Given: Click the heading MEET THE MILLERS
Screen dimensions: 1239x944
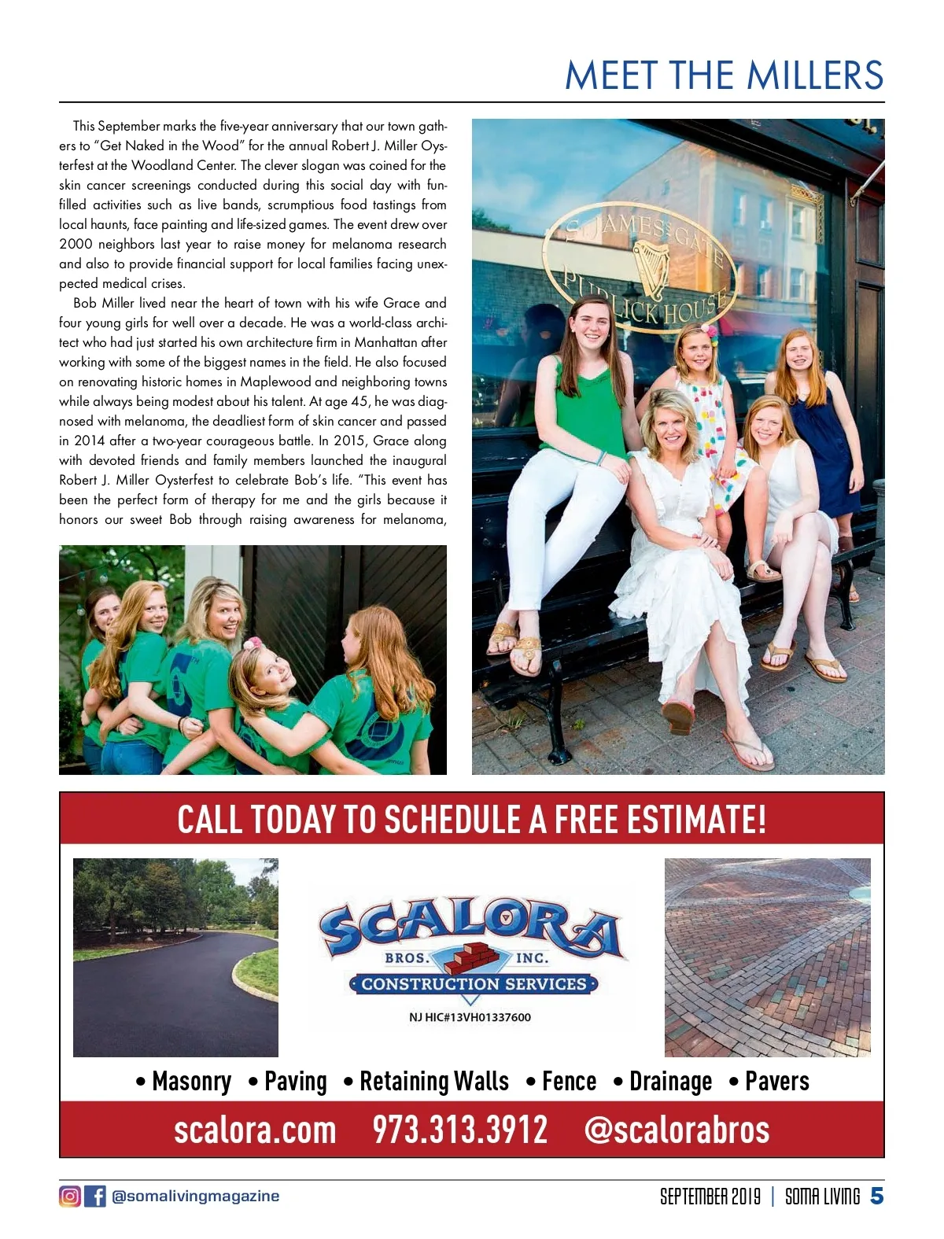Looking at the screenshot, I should pyautogui.click(x=724, y=76).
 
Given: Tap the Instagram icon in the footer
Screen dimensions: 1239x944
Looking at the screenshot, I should pyautogui.click(x=69, y=1196).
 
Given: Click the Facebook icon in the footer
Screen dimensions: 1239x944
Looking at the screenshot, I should pyautogui.click(x=94, y=1196).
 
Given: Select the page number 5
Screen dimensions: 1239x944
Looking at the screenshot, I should pyautogui.click(x=876, y=1196).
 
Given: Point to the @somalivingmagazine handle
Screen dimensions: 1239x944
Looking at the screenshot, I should pyautogui.click(x=196, y=1196).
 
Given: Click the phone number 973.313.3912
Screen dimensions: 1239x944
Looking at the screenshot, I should pyautogui.click(x=459, y=1130).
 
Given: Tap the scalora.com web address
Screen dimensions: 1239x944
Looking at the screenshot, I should pyautogui.click(x=255, y=1130).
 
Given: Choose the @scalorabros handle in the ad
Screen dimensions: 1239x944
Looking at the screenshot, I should pyautogui.click(x=677, y=1130).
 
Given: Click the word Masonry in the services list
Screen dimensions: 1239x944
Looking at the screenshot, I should pyautogui.click(x=191, y=1082).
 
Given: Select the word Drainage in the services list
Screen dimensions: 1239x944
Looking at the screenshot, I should pyautogui.click(x=670, y=1082).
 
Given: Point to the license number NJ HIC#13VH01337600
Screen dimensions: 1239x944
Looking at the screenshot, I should pyautogui.click(x=470, y=1017).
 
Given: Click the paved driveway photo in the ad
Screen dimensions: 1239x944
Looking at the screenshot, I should pyautogui.click(x=175, y=957).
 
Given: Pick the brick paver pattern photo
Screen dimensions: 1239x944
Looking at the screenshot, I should pyautogui.click(x=767, y=957).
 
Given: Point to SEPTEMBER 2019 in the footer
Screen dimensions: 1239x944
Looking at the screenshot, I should pyautogui.click(x=710, y=1197).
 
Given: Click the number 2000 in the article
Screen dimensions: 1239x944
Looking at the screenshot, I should pyautogui.click(x=76, y=245).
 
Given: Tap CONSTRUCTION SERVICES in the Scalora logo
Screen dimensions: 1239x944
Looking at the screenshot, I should pyautogui.click(x=474, y=984).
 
